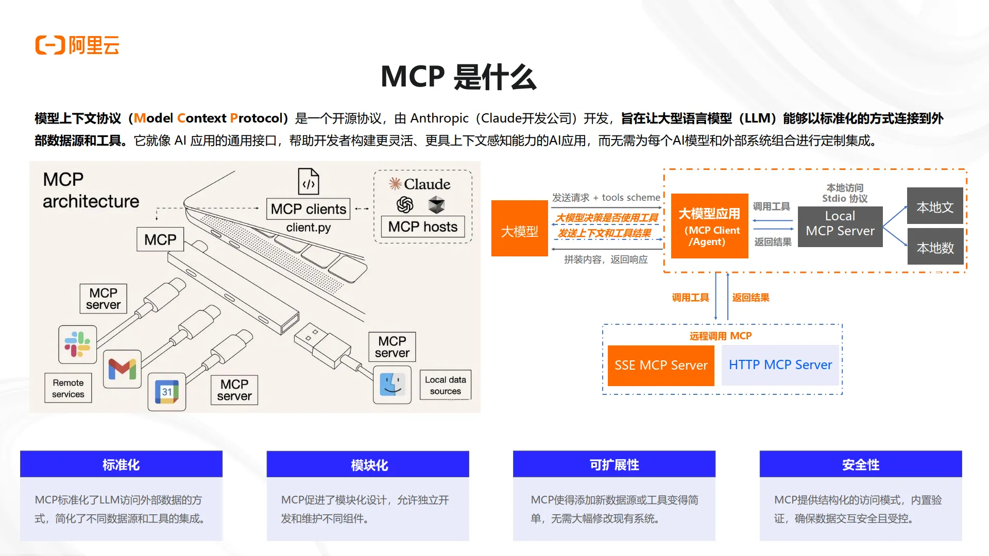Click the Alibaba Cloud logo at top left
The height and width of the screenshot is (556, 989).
(77, 45)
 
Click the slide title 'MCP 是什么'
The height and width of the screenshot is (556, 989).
(458, 77)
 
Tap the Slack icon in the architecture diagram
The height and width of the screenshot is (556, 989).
(78, 344)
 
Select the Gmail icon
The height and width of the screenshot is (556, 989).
(122, 369)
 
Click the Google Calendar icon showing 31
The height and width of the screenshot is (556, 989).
(166, 392)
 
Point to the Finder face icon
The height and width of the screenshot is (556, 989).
(392, 385)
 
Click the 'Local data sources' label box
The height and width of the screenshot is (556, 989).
(445, 385)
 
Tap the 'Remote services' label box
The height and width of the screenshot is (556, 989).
(68, 388)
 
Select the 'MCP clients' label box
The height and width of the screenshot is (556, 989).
(308, 209)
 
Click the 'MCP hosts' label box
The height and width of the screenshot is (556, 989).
(422, 227)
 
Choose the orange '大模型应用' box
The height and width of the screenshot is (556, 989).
(709, 226)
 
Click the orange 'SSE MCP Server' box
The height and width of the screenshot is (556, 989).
(661, 366)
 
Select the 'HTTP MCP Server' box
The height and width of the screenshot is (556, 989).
(780, 365)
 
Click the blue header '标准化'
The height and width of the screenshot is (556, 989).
(121, 464)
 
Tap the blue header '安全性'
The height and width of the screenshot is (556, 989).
(860, 464)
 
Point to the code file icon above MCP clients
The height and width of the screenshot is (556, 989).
(309, 181)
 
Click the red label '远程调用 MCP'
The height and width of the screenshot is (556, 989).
(721, 336)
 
